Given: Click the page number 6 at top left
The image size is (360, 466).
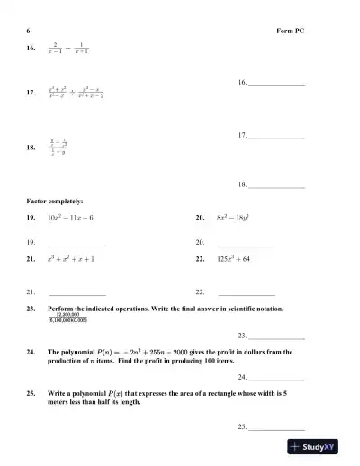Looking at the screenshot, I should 29,30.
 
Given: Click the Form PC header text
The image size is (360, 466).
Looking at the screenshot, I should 291,30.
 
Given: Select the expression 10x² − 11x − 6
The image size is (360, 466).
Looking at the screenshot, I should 70,218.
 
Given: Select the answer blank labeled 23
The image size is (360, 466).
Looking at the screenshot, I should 276,336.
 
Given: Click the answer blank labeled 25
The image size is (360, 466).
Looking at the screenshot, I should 276,426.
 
